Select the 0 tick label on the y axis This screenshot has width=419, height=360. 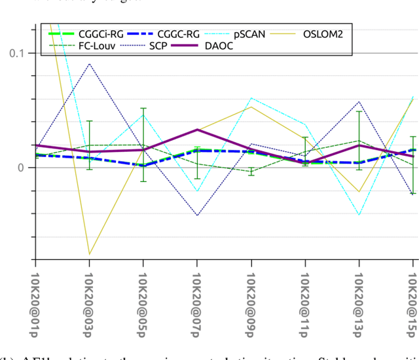click(21, 168)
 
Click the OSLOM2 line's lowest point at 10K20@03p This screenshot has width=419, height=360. click(90, 254)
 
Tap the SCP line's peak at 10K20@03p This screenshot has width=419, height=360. click(90, 63)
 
